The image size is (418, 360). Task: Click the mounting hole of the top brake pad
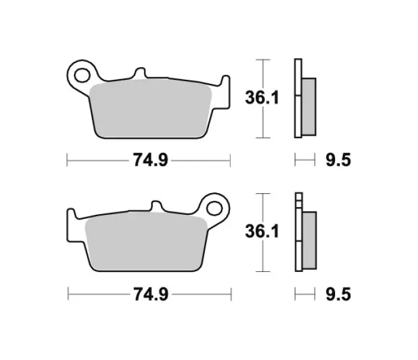[82, 76]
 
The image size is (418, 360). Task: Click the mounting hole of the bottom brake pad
[214, 208]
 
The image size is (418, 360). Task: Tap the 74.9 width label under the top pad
[151, 160]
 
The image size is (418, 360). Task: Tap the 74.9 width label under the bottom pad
[151, 294]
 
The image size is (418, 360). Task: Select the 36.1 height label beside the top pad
[262, 97]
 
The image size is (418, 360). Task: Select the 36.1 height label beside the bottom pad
[262, 231]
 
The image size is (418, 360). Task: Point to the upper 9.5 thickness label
[338, 160]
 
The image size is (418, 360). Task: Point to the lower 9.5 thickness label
[338, 294]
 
